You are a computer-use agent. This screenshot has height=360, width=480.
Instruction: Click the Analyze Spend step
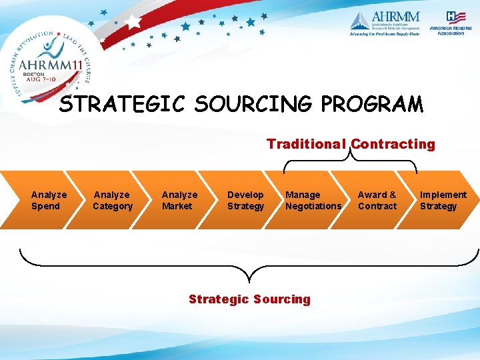pyautogui.click(x=49, y=200)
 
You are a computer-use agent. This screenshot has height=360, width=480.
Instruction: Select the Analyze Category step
pyautogui.click(x=112, y=200)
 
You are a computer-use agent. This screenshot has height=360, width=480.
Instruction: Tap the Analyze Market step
pyautogui.click(x=179, y=200)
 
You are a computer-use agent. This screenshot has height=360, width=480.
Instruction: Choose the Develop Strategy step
pyautogui.click(x=245, y=200)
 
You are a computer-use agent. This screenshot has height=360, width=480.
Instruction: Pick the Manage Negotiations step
pyautogui.click(x=313, y=200)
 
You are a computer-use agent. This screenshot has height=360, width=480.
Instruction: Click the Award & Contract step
pyautogui.click(x=377, y=200)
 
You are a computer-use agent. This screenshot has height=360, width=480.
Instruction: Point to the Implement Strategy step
pyautogui.click(x=443, y=200)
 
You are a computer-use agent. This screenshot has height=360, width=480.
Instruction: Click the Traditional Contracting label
pyautogui.click(x=351, y=144)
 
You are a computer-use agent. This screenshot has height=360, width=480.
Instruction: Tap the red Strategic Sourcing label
pyautogui.click(x=249, y=299)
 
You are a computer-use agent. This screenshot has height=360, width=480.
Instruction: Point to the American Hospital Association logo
pyautogui.click(x=451, y=23)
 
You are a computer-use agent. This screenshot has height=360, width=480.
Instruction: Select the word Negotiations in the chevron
pyautogui.click(x=313, y=206)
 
